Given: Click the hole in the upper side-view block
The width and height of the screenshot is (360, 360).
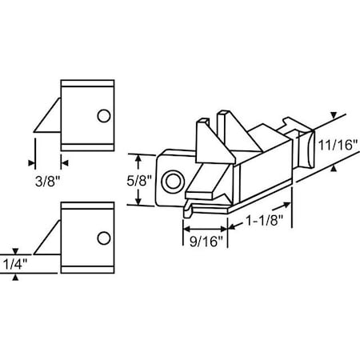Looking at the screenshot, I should (x=102, y=116).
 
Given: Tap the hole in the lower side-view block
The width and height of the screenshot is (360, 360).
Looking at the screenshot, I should (x=102, y=238).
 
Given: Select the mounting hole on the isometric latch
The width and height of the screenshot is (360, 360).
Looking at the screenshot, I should (x=170, y=182).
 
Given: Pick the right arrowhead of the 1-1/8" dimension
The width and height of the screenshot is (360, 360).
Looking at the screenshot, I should (x=291, y=229).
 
